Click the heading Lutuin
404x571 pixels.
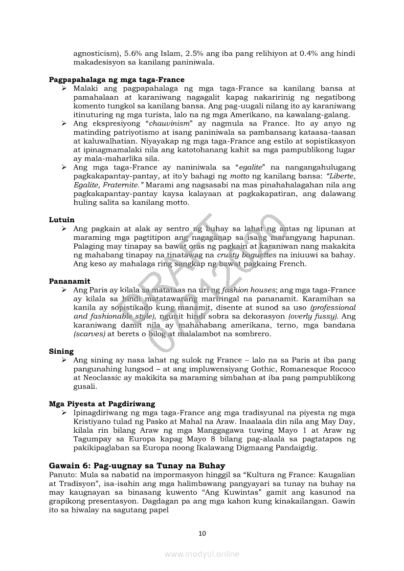click(x=62, y=220)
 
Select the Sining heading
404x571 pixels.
click(x=61, y=351)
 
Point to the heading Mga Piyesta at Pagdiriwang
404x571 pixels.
click(x=102, y=403)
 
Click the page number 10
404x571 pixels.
click(x=202, y=533)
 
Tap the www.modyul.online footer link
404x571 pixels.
click(x=202, y=554)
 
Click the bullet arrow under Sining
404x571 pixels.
click(x=64, y=360)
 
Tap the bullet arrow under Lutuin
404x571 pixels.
click(x=64, y=229)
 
